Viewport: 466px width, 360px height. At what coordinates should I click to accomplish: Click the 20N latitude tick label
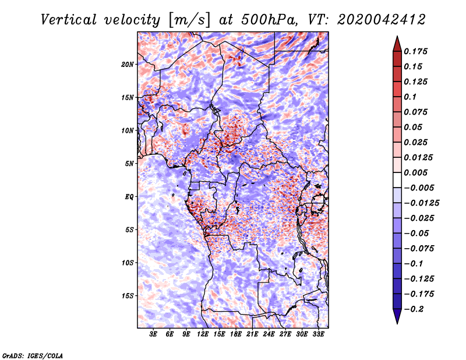coord(128,64)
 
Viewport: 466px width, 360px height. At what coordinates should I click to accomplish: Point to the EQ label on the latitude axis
coord(129,197)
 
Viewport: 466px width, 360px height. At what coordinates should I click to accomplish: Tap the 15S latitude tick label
coord(128,296)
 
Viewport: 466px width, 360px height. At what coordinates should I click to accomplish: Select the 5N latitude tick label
coord(129,164)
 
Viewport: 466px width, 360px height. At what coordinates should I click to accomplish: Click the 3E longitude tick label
coord(154,335)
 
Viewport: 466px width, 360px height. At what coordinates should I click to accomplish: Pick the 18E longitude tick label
coord(236,335)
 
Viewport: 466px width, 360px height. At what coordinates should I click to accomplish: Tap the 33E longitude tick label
coord(318,335)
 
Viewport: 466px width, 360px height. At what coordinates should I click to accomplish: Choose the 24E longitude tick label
coord(269,335)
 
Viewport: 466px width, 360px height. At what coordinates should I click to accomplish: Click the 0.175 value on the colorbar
coord(417,51)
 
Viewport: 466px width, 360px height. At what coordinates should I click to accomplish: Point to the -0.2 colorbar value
coord(416,309)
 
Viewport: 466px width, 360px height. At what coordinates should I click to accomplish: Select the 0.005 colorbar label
coord(417,172)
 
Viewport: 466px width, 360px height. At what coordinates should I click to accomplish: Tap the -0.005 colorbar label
coord(419,188)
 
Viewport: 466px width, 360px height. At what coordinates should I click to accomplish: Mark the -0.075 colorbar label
coord(419,248)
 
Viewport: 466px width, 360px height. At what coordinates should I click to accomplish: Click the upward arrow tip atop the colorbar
coord(397,37)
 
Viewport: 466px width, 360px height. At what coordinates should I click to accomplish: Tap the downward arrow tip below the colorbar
coord(397,322)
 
